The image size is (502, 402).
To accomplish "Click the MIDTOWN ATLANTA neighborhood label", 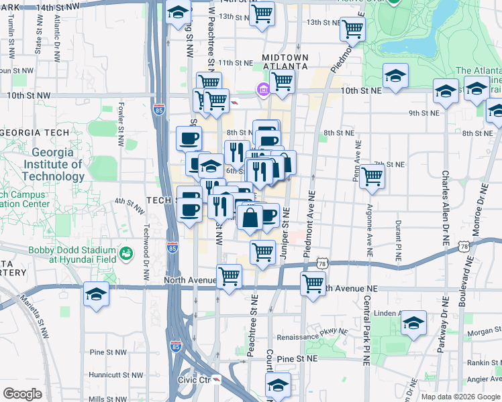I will pos(285,62).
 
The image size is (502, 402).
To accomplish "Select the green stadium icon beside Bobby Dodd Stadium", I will pos(125,254).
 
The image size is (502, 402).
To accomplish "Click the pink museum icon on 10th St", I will pos(262,89).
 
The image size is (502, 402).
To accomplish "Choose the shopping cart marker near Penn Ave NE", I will pos(372,177).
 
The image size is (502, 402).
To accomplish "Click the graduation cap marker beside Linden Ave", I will pos(413,322).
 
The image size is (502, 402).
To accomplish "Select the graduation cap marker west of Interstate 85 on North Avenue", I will pos(96,293).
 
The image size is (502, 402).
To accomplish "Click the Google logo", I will pos(22,394).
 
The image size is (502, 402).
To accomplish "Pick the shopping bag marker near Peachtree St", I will pos(250,218).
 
